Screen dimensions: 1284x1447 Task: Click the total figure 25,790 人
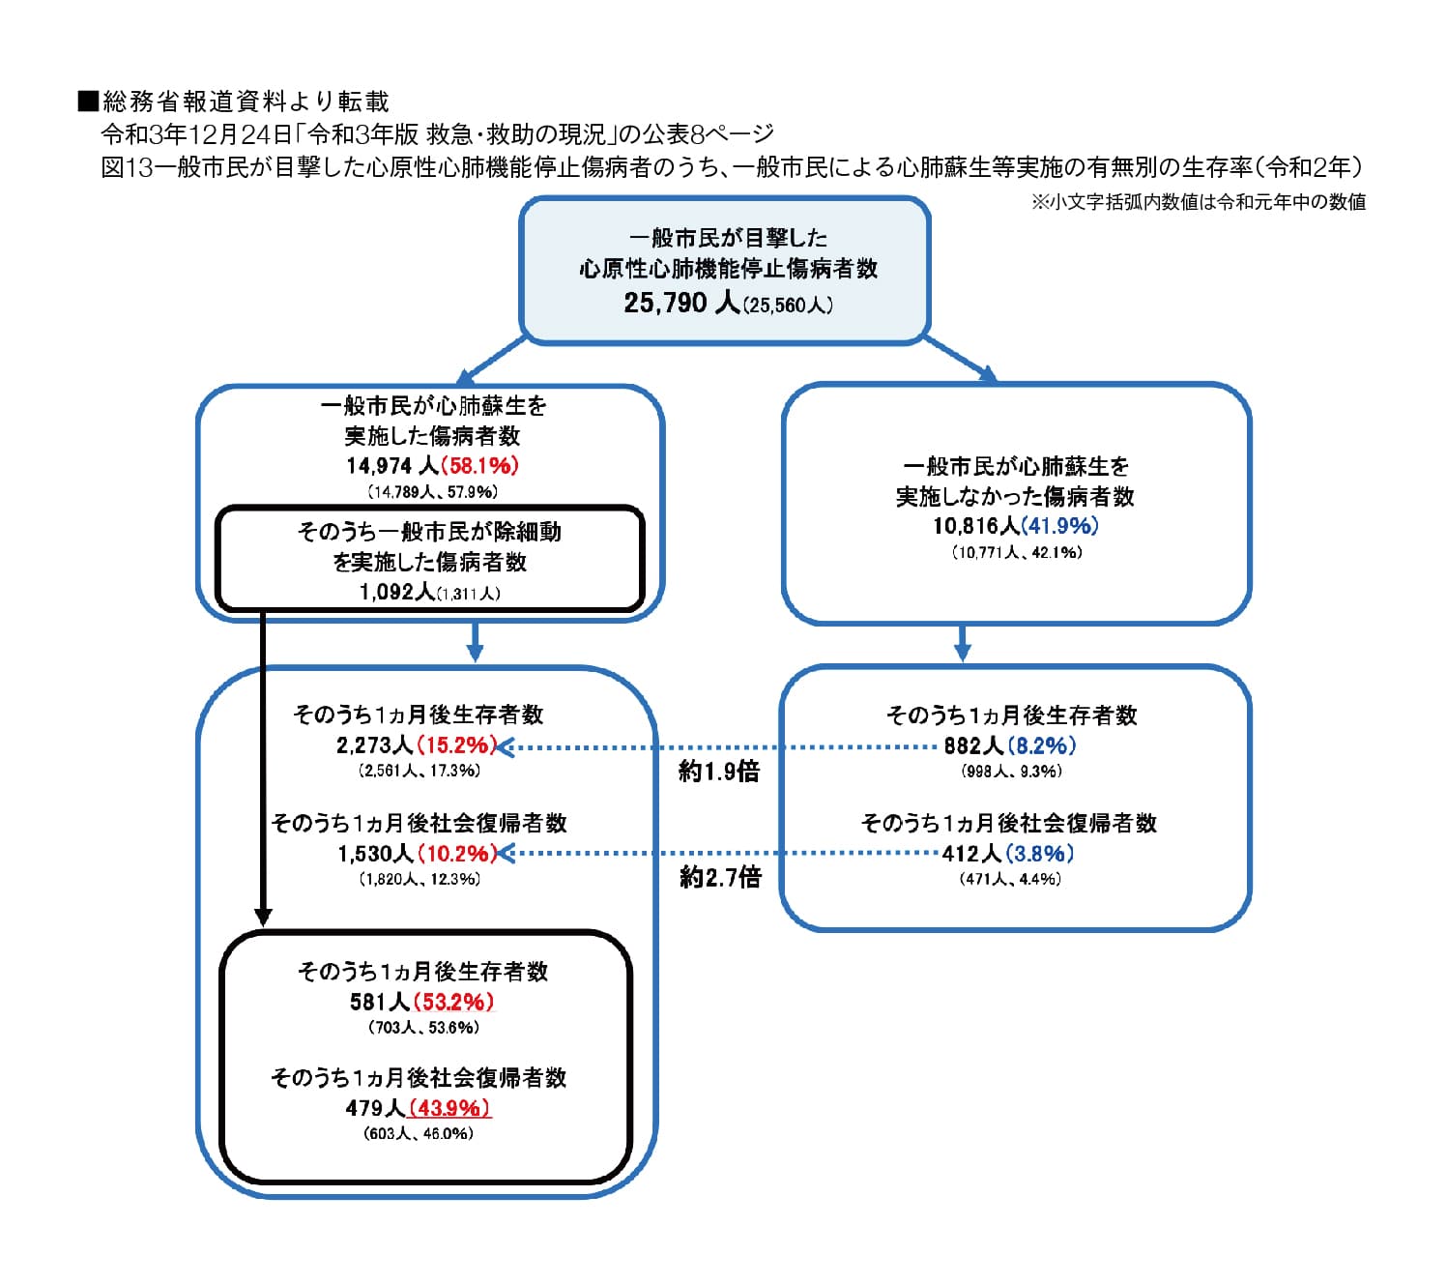(680, 303)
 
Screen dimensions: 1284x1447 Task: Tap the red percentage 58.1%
(480, 465)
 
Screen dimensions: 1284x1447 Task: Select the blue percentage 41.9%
(1060, 525)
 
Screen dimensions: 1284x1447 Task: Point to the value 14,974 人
(391, 465)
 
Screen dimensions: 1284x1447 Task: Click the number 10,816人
(975, 525)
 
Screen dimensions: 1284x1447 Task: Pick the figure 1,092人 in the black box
(396, 592)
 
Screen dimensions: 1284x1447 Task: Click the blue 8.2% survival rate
(1042, 745)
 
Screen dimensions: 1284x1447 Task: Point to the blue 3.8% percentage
(1040, 853)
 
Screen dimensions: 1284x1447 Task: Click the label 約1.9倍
(719, 771)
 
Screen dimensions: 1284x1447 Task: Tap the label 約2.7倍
(720, 877)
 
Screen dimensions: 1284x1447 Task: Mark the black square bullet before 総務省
(88, 101)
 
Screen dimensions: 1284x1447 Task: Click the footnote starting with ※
(1198, 202)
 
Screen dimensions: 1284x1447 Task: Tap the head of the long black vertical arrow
(263, 916)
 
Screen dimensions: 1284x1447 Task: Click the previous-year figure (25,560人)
(789, 306)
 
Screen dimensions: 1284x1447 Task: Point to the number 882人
(973, 745)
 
